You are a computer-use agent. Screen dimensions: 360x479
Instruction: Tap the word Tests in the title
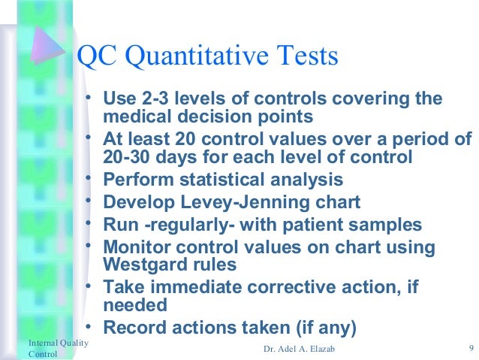pos(306,57)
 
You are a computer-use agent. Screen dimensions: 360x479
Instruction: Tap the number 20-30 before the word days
pos(125,158)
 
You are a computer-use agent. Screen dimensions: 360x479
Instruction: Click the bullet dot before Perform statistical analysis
pos(89,179)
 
